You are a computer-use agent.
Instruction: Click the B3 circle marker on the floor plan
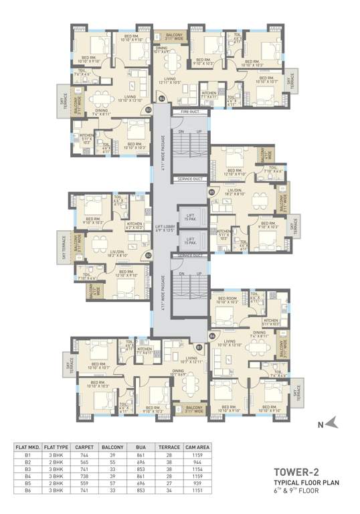click(x=149, y=108)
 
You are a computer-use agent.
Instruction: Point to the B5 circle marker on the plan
click(x=211, y=192)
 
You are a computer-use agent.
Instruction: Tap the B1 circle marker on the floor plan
click(x=199, y=347)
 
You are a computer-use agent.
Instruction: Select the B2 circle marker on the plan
click(x=149, y=255)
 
